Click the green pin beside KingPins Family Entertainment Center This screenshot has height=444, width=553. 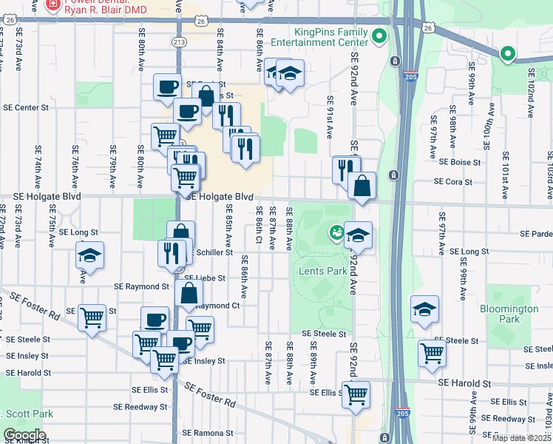(380, 36)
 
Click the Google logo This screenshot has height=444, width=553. (24, 435)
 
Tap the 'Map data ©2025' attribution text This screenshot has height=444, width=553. (521, 438)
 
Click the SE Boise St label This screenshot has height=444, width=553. (459, 161)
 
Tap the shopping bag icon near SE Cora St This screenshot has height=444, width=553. (362, 186)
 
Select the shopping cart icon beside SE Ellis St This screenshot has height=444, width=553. (356, 393)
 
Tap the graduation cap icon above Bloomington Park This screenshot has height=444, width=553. (424, 309)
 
